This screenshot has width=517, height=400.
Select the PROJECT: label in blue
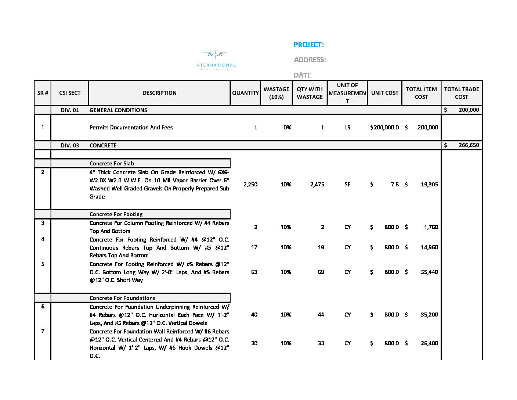[x=308, y=45]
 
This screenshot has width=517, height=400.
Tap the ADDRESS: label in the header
[x=310, y=60]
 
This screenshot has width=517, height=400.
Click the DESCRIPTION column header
[x=159, y=93]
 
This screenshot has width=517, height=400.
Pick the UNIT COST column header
[x=384, y=93]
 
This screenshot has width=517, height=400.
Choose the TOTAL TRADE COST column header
[x=462, y=93]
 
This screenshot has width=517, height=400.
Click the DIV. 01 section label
[x=70, y=110]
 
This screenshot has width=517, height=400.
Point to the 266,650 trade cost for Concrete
[x=469, y=145]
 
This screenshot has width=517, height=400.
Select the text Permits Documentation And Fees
[x=131, y=128]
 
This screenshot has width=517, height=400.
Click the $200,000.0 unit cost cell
[x=384, y=128]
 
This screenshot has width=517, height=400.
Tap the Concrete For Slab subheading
[x=112, y=164]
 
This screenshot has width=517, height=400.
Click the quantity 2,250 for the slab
[x=250, y=185]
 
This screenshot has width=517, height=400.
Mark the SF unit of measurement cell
[x=347, y=185]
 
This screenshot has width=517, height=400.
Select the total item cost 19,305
[x=429, y=185]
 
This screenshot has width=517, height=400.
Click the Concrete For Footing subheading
[x=116, y=214]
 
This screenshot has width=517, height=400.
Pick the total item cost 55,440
[x=429, y=272]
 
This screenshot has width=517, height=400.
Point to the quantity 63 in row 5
[x=254, y=272]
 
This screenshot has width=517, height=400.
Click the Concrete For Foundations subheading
[x=122, y=298]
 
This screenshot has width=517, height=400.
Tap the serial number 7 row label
[x=43, y=331]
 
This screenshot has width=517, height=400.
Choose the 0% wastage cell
[x=287, y=128]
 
